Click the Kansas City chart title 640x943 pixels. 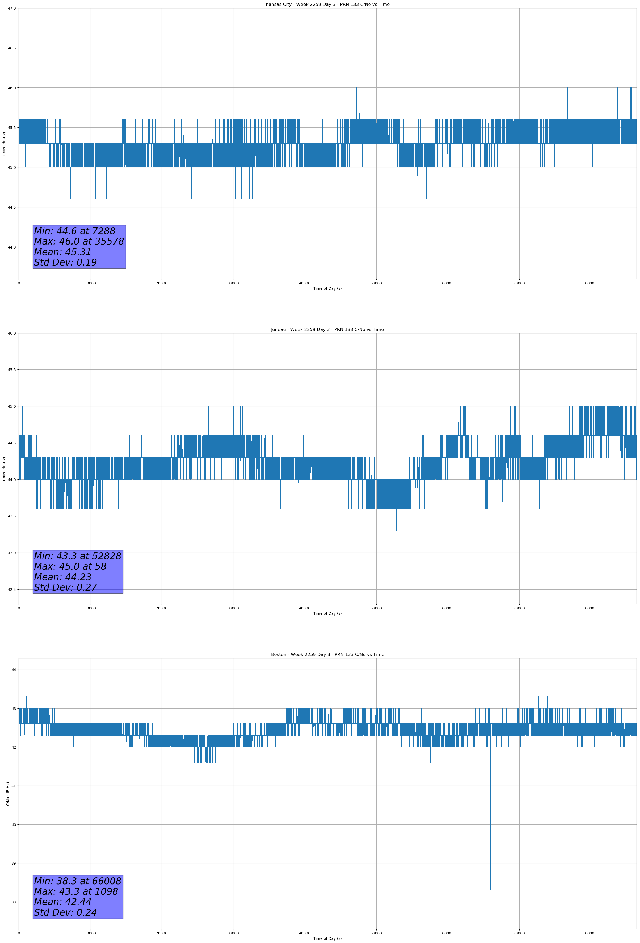(x=327, y=5)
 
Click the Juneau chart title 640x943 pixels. (x=327, y=330)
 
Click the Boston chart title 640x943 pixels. (x=327, y=655)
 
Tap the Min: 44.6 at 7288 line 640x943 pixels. (x=75, y=231)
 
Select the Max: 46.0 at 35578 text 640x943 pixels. (x=79, y=241)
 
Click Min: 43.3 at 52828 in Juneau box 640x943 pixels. (x=78, y=556)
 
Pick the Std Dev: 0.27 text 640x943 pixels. (x=65, y=588)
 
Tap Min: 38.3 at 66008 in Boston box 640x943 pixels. (x=78, y=881)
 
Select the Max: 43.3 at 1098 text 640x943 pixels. (x=76, y=891)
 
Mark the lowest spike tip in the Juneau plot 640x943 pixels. (x=397, y=530)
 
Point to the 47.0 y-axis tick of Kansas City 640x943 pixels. (x=12, y=8)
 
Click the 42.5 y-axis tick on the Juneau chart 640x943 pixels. (x=12, y=590)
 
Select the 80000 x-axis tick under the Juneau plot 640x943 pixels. (x=591, y=608)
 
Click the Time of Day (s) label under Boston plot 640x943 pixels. (x=327, y=938)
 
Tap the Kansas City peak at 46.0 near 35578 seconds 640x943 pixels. (x=273, y=88)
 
